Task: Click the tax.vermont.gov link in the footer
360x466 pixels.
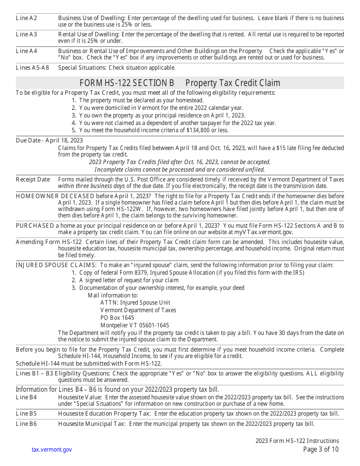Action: pyautogui.click(x=52, y=450)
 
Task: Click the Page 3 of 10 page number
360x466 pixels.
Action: pyautogui.click(x=321, y=449)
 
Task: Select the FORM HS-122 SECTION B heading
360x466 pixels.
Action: pyautogui.click(x=127, y=83)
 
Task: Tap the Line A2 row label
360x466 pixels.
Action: pyautogui.click(x=27, y=18)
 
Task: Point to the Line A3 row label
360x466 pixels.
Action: pyautogui.click(x=27, y=34)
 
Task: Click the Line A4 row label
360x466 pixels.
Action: pyautogui.click(x=27, y=51)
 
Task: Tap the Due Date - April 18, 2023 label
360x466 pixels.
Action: pyautogui.click(x=49, y=141)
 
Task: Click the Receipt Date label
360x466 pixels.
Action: pyautogui.click(x=33, y=180)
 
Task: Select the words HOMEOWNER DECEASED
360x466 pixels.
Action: pyautogui.click(x=55, y=196)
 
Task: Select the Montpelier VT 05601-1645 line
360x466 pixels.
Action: pyautogui.click(x=135, y=325)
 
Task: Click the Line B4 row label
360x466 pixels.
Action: pyautogui.click(x=27, y=397)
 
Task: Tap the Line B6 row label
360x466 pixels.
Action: pyautogui.click(x=27, y=424)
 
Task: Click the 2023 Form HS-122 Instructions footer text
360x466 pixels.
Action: pyautogui.click(x=297, y=441)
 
